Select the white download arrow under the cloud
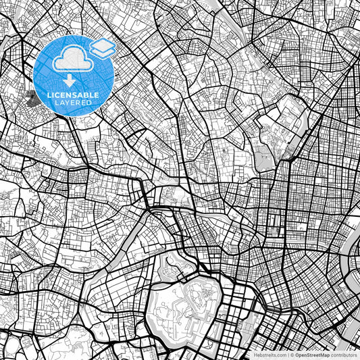[71, 80]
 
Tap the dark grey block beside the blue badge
[29, 99]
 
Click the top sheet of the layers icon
[103, 44]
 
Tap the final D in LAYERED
[89, 103]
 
